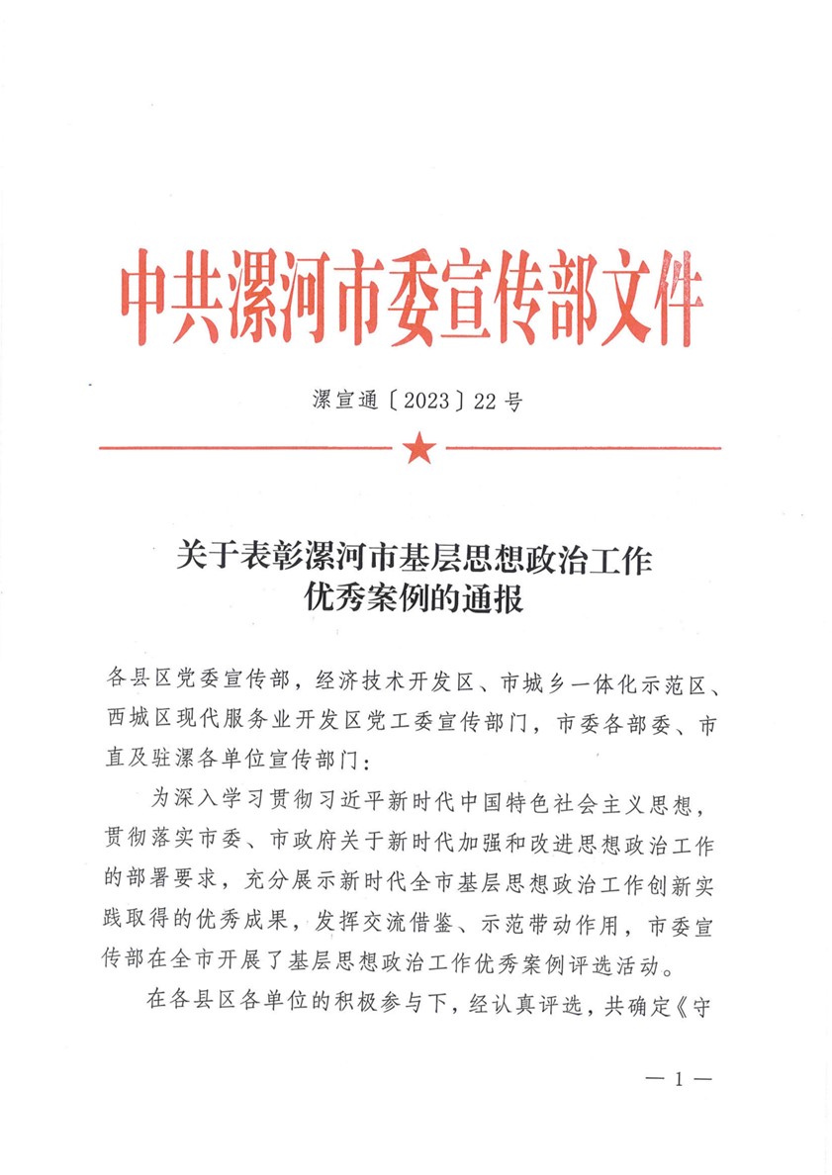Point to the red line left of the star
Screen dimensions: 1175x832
pos(247,449)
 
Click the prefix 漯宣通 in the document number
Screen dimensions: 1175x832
pos(342,402)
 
